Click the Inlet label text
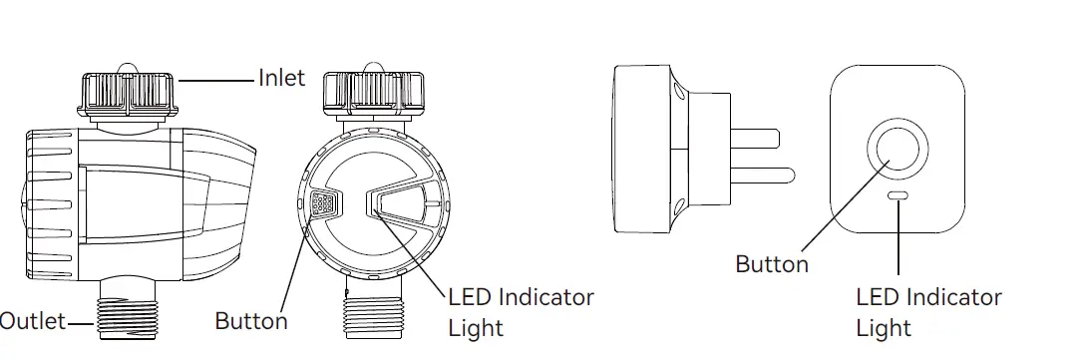click(281, 78)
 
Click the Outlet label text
click(32, 321)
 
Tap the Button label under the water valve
click(251, 321)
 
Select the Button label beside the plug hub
click(772, 264)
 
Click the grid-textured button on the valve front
click(322, 205)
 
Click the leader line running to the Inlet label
click(217, 80)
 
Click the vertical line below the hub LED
click(898, 239)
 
